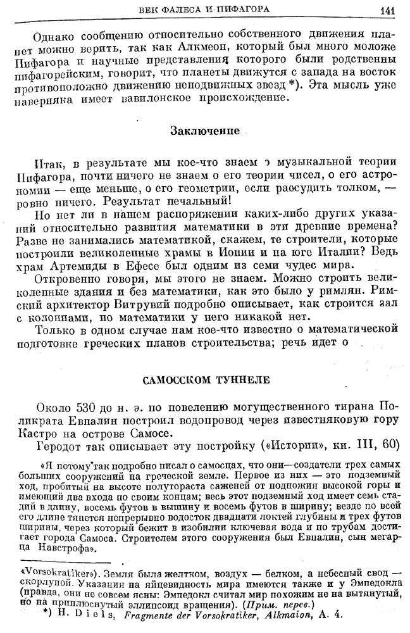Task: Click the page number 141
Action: pos(388,9)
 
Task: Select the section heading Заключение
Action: pos(205,131)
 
